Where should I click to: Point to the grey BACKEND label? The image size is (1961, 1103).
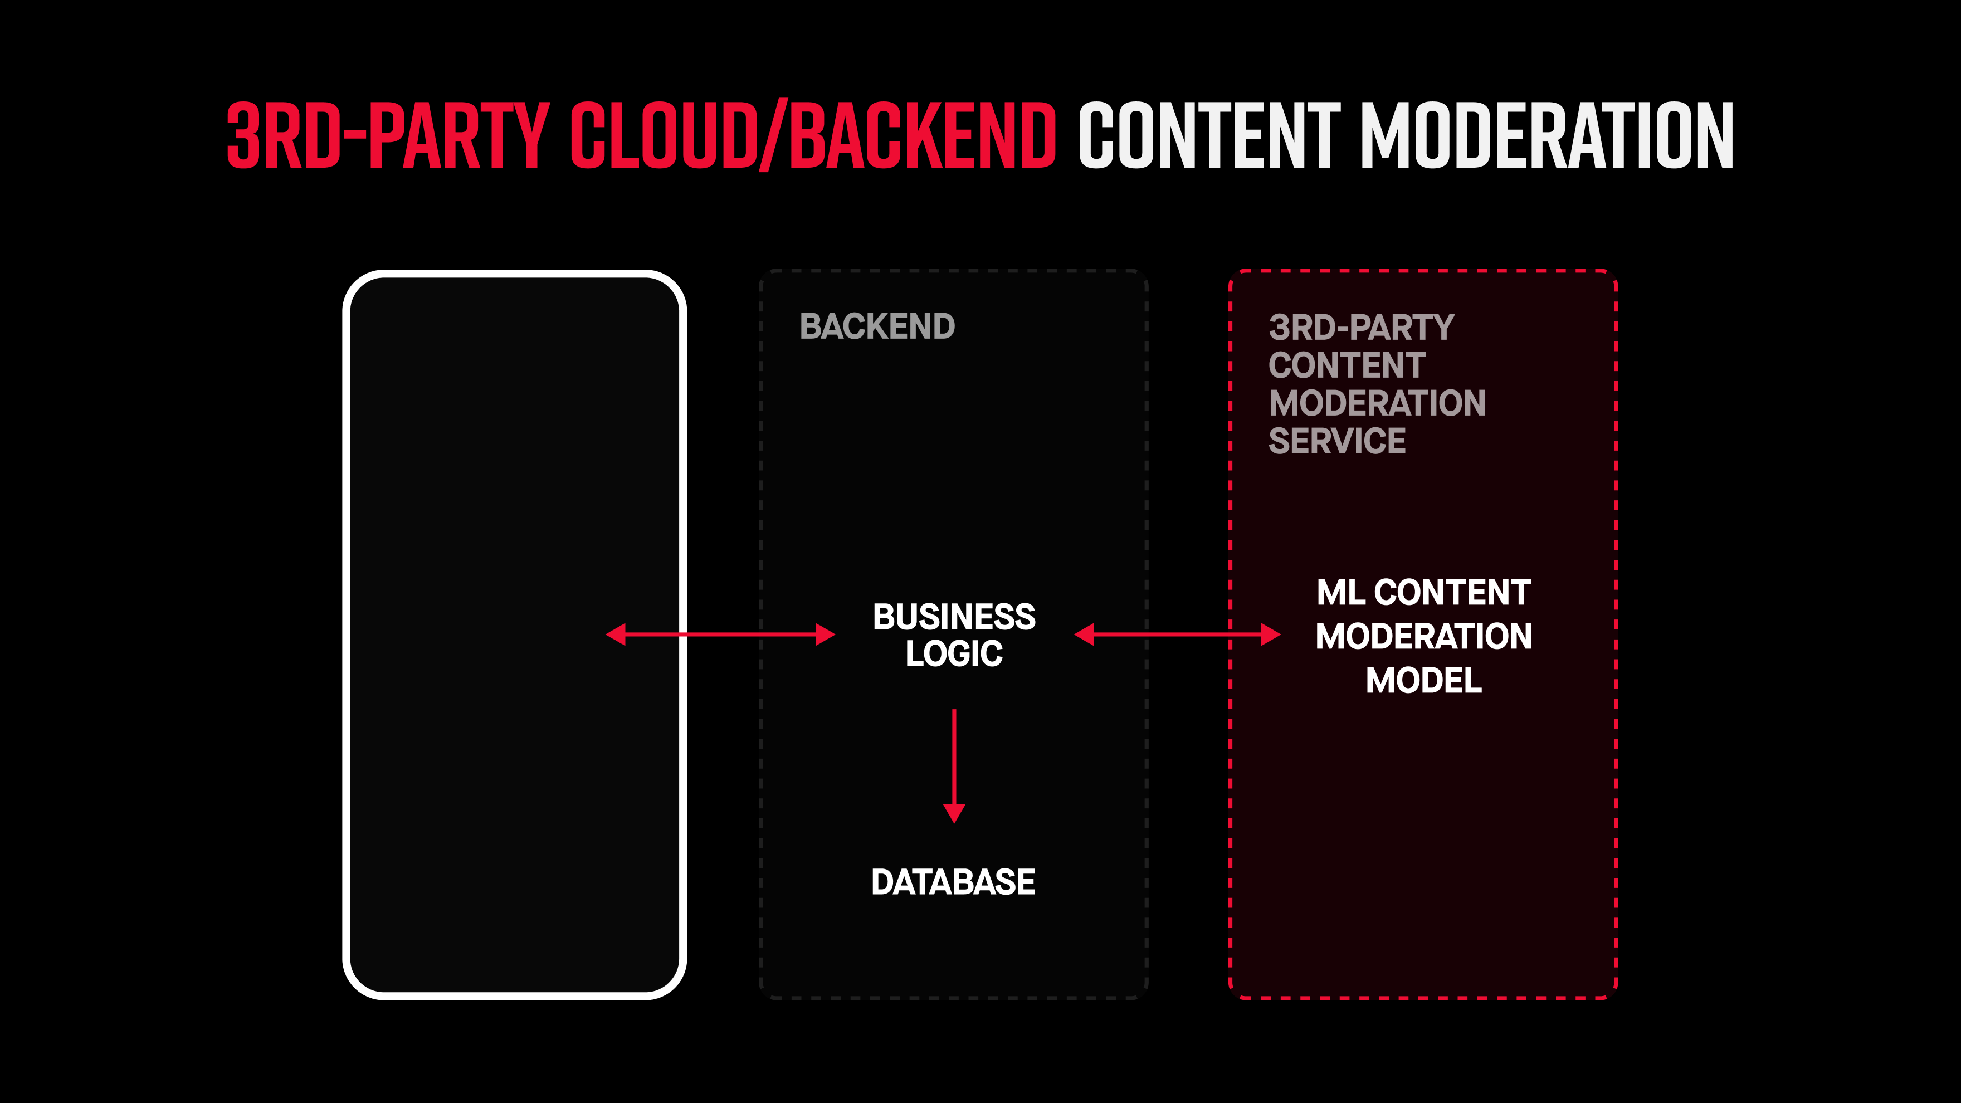point(877,326)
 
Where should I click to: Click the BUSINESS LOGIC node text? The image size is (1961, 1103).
point(954,635)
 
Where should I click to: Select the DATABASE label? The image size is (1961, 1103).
point(953,882)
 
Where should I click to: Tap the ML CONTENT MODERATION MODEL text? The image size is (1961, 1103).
point(1423,636)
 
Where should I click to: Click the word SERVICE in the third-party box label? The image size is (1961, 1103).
point(1337,441)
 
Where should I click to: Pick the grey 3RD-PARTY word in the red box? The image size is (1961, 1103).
point(1361,328)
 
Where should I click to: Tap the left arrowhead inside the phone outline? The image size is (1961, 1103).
point(616,634)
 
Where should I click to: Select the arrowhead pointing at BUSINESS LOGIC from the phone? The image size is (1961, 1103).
point(825,634)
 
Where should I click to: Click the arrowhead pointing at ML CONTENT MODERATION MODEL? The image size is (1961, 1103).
point(1271,634)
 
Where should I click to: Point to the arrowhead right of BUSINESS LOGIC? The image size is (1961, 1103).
point(1084,634)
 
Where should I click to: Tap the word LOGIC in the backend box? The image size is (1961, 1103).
point(954,653)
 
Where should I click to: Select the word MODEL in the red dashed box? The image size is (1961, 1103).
point(1423,680)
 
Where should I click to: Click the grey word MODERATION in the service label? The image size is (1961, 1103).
point(1377,403)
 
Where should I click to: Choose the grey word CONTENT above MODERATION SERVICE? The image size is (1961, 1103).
point(1347,365)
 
